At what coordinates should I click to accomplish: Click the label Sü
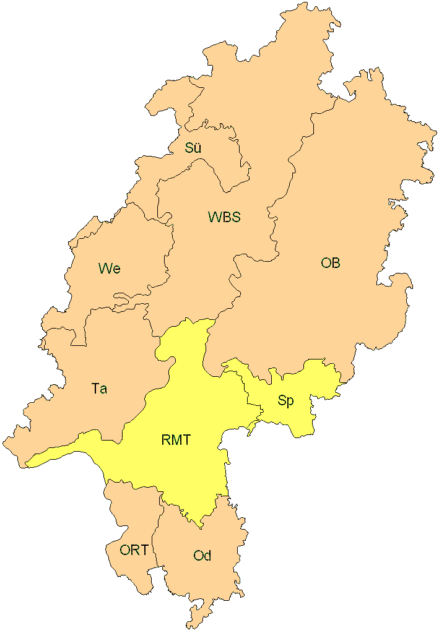(x=193, y=148)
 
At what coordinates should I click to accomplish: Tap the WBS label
(x=224, y=217)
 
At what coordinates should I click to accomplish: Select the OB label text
(x=330, y=263)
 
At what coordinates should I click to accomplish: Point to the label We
(x=109, y=269)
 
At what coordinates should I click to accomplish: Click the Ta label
(x=99, y=389)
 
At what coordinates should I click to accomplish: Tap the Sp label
(x=285, y=401)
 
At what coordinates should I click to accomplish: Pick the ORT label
(x=134, y=550)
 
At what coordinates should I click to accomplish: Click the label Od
(x=202, y=556)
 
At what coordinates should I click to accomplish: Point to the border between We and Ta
(x=118, y=307)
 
